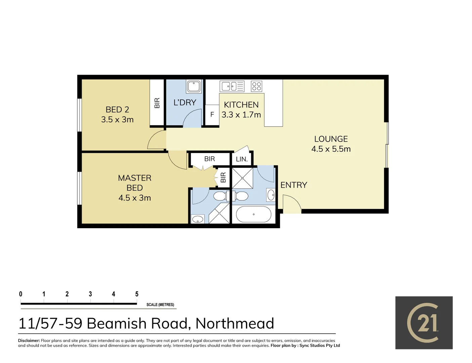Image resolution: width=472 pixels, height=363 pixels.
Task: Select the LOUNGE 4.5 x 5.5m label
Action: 331,144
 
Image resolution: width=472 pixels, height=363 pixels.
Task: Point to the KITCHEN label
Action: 241,105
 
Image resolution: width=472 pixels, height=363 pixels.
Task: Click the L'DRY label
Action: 184,103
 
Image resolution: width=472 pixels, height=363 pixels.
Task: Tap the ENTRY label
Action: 294,185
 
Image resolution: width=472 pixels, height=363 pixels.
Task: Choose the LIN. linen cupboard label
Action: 242,159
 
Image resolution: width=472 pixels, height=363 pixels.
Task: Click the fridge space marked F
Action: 212,115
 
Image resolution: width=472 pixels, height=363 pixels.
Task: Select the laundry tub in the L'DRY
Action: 194,86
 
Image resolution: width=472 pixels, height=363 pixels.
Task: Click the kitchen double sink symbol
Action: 232,86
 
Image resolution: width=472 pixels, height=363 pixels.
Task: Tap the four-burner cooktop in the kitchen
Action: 257,86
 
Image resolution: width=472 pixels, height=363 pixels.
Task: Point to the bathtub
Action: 254,214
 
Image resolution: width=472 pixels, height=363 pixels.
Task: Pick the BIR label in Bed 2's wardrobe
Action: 157,103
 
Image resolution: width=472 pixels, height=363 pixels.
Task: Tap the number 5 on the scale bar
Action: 137,294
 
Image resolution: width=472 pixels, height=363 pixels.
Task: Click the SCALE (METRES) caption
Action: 160,305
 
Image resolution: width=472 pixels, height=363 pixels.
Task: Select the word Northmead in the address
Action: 234,323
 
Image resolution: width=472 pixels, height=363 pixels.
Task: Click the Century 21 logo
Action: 424,323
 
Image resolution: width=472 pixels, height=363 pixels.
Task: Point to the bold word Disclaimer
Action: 29,340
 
